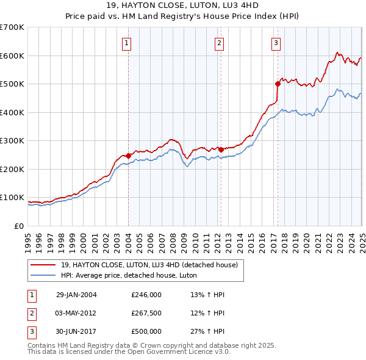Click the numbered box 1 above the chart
click(x=126, y=43)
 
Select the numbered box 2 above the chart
click(x=218, y=43)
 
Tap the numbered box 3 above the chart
click(x=276, y=43)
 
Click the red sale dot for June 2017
click(x=278, y=84)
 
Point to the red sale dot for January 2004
click(x=129, y=156)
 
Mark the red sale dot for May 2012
click(x=221, y=149)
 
